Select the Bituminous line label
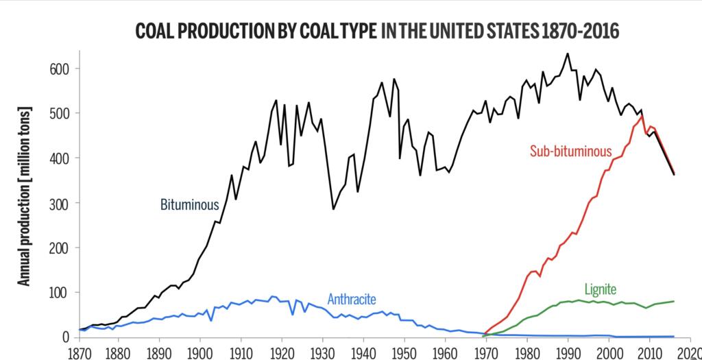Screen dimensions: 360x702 (190, 204)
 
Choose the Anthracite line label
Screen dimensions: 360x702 (352, 299)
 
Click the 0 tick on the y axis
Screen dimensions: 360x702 (66, 337)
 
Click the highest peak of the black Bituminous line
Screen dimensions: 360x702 (568, 53)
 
